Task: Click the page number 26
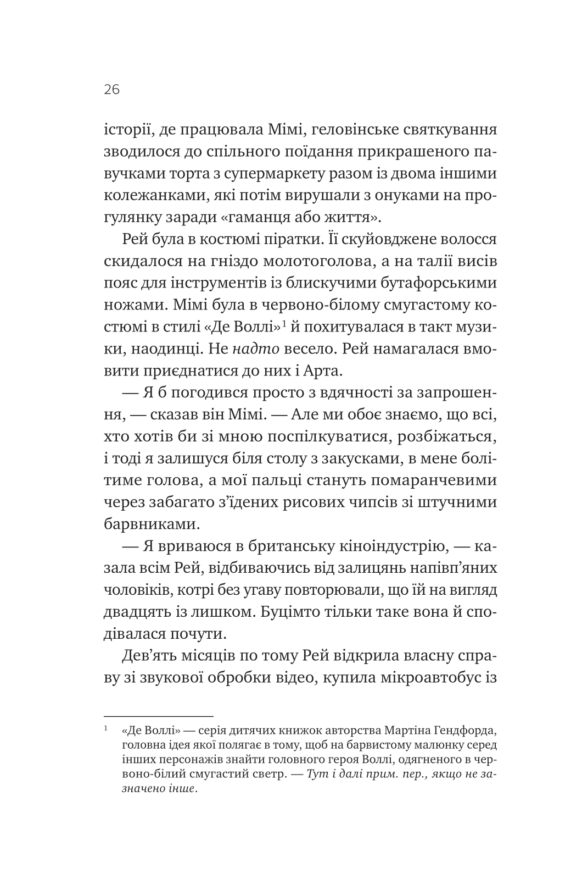pos(111,90)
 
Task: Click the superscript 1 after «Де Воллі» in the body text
pos(285,323)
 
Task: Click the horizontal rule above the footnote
pos(158,716)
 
